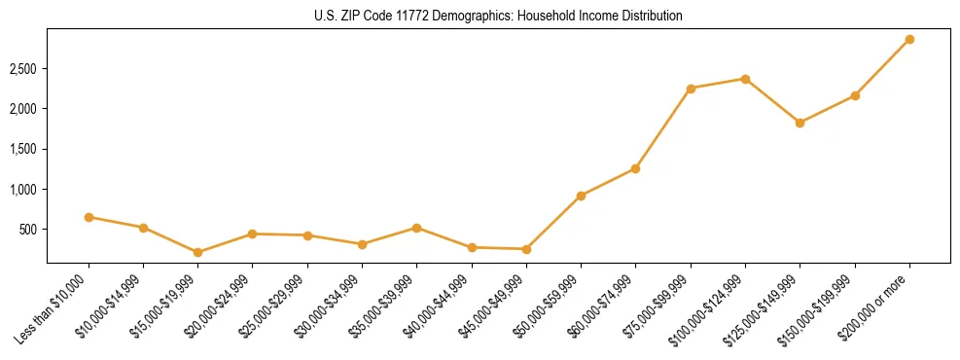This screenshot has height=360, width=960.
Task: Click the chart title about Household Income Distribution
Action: click(x=498, y=17)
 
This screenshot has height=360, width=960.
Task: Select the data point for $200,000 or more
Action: click(x=909, y=40)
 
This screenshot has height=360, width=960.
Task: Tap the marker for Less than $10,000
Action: click(x=89, y=217)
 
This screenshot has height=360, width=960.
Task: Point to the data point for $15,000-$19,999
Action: click(x=197, y=252)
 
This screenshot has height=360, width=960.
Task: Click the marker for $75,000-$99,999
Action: click(x=691, y=89)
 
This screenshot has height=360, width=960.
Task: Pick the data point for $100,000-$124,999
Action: click(x=745, y=79)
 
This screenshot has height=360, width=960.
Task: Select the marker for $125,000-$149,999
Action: click(x=800, y=123)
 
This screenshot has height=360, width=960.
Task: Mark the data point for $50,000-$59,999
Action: click(x=581, y=196)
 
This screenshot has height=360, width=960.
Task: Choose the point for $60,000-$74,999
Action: click(x=635, y=168)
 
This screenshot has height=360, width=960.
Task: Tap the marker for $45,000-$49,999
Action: click(x=526, y=249)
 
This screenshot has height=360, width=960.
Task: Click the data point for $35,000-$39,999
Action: click(x=416, y=228)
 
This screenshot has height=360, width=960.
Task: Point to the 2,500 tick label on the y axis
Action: click(x=23, y=69)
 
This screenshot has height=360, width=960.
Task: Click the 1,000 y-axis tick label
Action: click(x=23, y=190)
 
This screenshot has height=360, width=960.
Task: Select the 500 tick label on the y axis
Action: click(x=29, y=230)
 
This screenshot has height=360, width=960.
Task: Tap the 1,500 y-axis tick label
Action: click(x=23, y=149)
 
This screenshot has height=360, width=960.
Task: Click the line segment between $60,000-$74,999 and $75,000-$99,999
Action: click(x=663, y=128)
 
